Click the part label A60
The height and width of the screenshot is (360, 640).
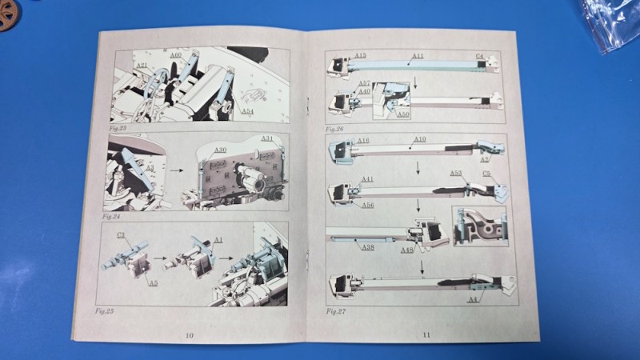pyautogui.click(x=175, y=54)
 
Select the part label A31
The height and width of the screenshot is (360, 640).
pyautogui.click(x=267, y=139)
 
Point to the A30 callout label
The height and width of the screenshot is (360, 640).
pyautogui.click(x=220, y=150)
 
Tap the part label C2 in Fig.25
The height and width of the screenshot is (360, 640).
pyautogui.click(x=122, y=235)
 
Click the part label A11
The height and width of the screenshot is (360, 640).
pyautogui.click(x=418, y=58)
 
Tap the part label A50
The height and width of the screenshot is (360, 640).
pyautogui.click(x=404, y=114)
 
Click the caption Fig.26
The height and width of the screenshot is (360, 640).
pyautogui.click(x=334, y=129)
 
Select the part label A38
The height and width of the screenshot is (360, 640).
pyautogui.click(x=367, y=247)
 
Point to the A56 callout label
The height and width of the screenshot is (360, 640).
pyautogui.click(x=367, y=206)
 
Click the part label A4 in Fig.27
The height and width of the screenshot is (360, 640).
pyautogui.click(x=472, y=299)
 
